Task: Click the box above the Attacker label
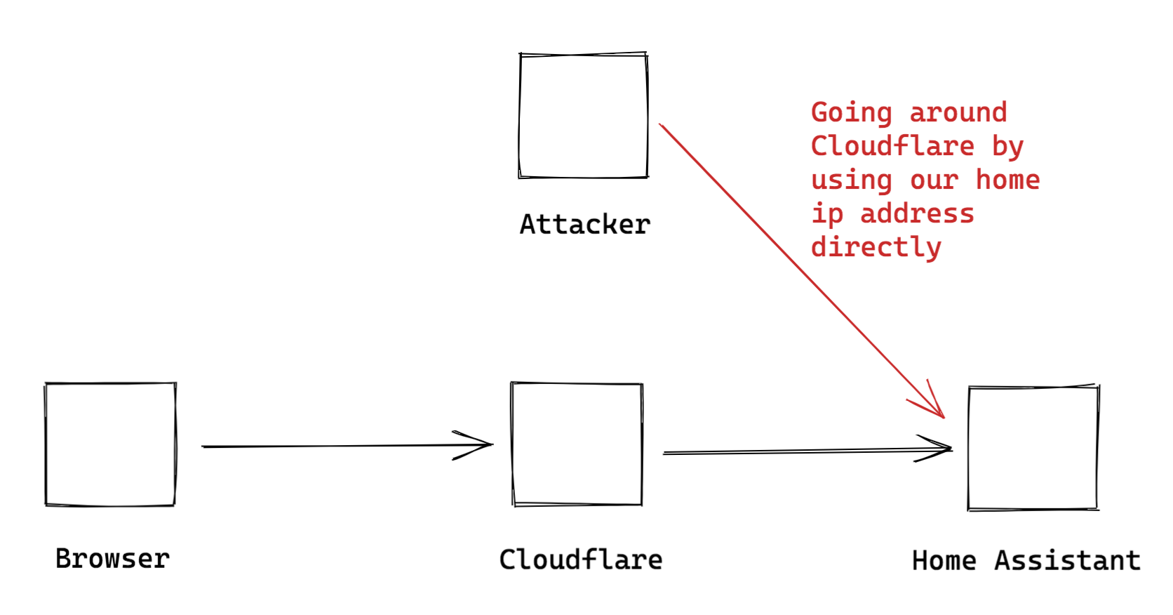click(x=583, y=115)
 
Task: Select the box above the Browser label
click(x=110, y=444)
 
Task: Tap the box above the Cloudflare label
click(x=577, y=444)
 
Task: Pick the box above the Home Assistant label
click(x=1033, y=447)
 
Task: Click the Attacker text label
click(x=584, y=225)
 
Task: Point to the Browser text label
click(x=112, y=559)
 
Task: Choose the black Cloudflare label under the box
click(x=580, y=560)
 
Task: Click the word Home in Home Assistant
click(x=944, y=561)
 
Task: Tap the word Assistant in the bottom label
click(x=1067, y=561)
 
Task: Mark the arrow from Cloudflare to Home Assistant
click(x=807, y=451)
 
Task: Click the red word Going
click(x=851, y=113)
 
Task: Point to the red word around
click(x=958, y=112)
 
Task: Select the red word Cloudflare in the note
click(x=892, y=146)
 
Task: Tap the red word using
click(x=851, y=180)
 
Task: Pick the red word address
click(x=917, y=213)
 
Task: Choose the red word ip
click(x=827, y=213)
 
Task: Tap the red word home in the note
click(x=1007, y=180)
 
